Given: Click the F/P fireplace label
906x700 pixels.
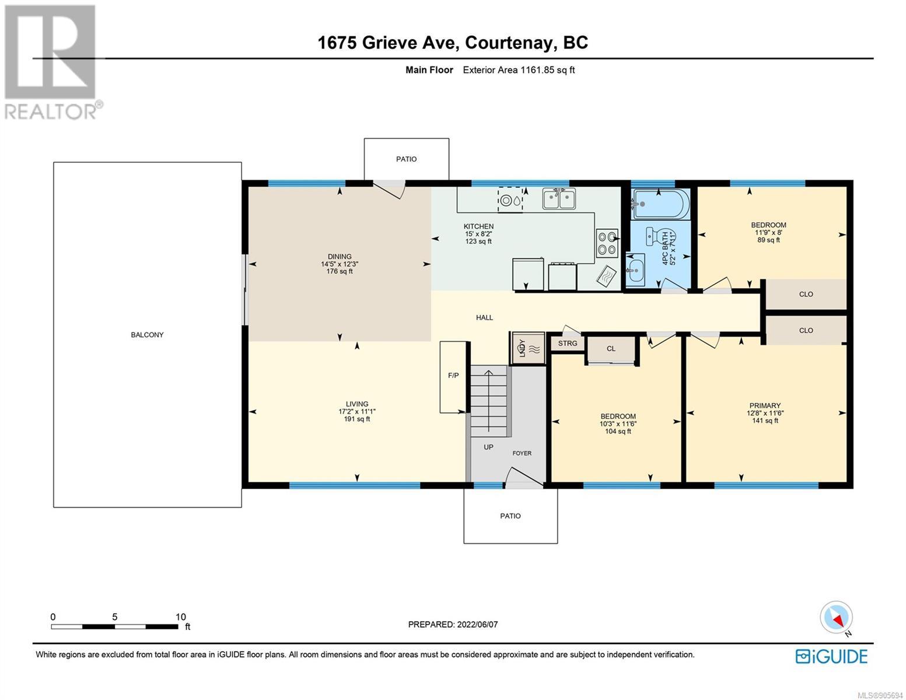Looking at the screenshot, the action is (453, 376).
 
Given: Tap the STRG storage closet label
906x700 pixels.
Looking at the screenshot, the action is (568, 343).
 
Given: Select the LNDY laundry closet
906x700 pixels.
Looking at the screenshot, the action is (527, 348).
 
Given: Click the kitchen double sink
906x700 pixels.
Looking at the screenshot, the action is (559, 198).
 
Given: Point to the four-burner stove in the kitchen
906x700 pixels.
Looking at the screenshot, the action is (607, 243).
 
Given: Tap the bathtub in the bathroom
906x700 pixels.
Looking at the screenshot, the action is (660, 204).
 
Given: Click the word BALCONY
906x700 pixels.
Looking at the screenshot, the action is (147, 335).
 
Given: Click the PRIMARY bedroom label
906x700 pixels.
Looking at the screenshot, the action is (765, 405).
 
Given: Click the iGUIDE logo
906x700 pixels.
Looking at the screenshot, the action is (831, 656).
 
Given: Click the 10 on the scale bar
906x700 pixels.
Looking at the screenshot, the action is (180, 617).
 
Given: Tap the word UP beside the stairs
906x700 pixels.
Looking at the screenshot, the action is (489, 447).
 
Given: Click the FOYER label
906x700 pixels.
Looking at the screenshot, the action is (522, 453).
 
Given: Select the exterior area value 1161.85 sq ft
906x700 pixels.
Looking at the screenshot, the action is (547, 70).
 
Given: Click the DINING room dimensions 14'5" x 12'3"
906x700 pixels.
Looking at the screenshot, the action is (340, 264).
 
